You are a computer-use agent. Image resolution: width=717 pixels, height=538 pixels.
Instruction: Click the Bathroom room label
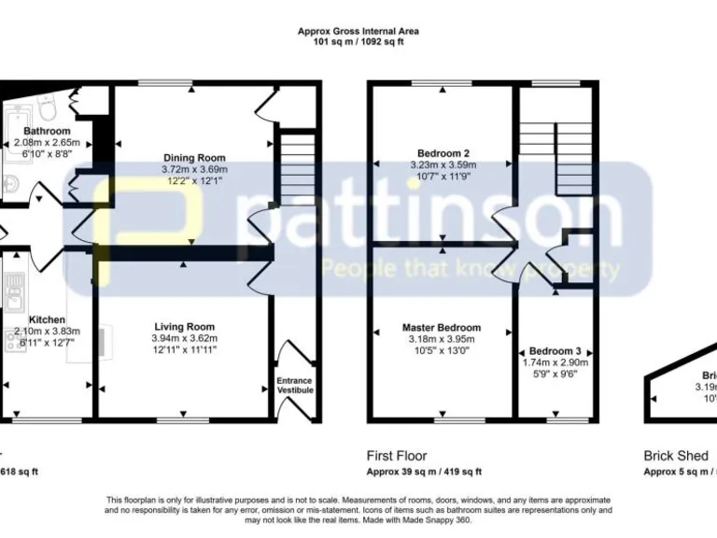click(x=47, y=131)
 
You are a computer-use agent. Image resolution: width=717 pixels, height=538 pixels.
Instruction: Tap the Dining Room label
click(x=194, y=157)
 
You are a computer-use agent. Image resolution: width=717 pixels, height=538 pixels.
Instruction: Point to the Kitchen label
click(x=47, y=319)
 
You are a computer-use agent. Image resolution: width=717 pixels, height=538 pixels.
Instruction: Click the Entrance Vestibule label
click(x=295, y=385)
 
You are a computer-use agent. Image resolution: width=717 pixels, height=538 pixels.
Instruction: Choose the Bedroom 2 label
click(x=442, y=153)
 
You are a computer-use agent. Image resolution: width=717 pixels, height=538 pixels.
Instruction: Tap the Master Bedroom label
click(x=442, y=328)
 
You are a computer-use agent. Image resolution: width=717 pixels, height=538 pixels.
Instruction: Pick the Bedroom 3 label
click(x=555, y=350)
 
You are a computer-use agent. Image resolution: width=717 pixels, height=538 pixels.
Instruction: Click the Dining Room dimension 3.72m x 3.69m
click(x=194, y=169)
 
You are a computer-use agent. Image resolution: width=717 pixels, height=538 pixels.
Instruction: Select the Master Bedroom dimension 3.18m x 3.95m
click(x=442, y=339)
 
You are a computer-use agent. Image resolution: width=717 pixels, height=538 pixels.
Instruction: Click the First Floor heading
click(x=397, y=456)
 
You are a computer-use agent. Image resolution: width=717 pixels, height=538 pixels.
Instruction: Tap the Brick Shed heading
click(x=676, y=456)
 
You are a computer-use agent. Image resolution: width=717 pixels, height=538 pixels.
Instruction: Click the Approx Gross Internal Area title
click(x=358, y=31)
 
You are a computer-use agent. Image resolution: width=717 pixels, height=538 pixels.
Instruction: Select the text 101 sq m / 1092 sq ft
click(x=358, y=41)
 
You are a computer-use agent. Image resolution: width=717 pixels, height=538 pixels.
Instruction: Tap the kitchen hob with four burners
click(x=16, y=340)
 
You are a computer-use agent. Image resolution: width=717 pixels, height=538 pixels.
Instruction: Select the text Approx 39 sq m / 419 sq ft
click(x=424, y=472)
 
